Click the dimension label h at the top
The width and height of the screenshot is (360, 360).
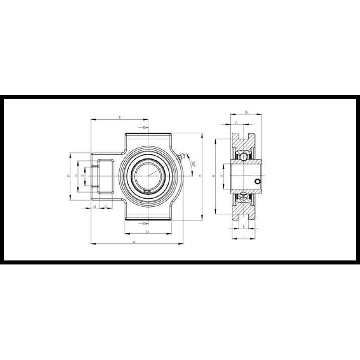pos(120,117)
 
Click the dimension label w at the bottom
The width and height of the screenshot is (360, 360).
pos(134,242)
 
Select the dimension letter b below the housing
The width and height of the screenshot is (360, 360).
pos(147,231)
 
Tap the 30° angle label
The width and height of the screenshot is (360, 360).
pos(194,164)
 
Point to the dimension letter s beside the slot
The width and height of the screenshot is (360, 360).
pos(82,175)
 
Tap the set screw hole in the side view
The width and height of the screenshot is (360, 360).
pos(257,181)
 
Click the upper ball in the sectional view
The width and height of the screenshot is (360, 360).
pos(243,156)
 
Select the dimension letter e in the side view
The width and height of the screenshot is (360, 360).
pos(214,175)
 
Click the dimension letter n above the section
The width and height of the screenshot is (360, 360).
pos(236,123)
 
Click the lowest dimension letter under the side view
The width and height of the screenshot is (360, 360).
pos(243,236)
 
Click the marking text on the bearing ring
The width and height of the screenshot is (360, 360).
pos(147,192)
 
